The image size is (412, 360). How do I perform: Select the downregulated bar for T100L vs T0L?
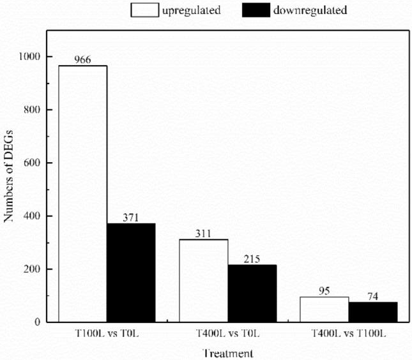[131, 273]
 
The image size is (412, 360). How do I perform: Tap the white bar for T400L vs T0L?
[204, 280]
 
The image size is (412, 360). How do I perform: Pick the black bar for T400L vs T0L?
[252, 293]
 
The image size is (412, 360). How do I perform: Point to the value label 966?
[82, 60]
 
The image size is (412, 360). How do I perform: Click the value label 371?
[131, 218]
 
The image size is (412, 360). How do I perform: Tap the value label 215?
[252, 259]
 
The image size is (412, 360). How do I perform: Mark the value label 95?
[324, 291]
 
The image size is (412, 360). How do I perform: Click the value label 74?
[373, 297]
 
